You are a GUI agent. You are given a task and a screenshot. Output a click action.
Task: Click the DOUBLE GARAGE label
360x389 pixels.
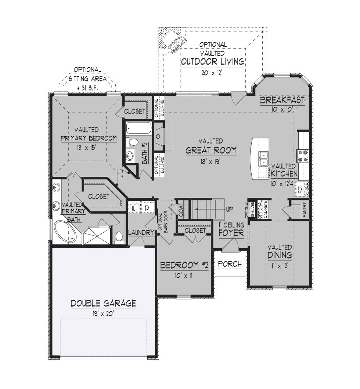point(103,303)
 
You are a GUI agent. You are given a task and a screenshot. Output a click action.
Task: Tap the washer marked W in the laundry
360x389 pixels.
point(134,208)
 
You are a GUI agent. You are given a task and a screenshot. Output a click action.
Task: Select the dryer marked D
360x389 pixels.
point(147,208)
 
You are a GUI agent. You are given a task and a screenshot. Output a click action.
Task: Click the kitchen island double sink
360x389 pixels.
point(263,159)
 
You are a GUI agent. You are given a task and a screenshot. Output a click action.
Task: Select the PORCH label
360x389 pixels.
point(230,264)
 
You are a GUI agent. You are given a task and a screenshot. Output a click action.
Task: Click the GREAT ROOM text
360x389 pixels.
point(211,150)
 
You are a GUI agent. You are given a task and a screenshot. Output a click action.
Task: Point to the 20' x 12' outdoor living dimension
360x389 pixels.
point(211,73)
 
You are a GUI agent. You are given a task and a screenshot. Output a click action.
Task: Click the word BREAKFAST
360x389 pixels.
point(282,100)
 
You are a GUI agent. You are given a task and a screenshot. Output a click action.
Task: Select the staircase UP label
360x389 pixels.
point(229,209)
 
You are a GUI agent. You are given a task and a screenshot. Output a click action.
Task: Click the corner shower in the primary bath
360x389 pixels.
point(96,235)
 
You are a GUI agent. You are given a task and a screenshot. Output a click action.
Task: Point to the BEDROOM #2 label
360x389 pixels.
point(184,265)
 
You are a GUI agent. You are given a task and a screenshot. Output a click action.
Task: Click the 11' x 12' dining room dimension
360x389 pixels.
point(279,266)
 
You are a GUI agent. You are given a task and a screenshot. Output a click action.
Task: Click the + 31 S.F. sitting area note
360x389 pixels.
point(87,88)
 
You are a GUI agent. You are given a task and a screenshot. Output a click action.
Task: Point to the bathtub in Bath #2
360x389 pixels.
point(138,128)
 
